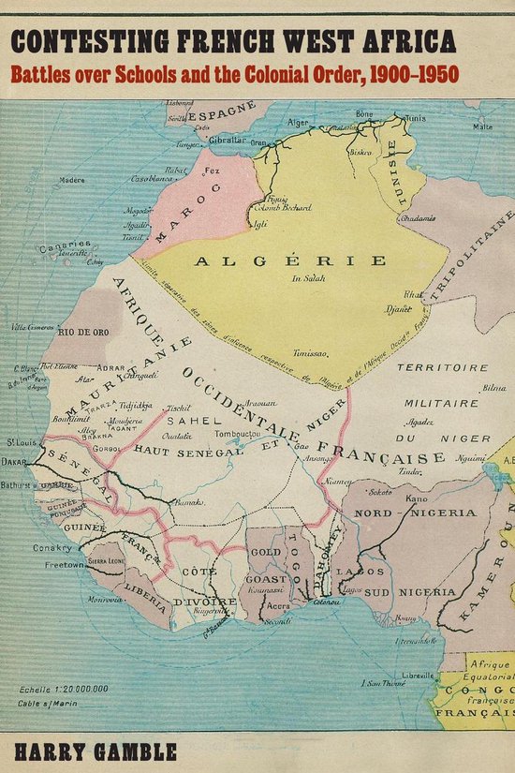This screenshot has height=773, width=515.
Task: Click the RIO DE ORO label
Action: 85,331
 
